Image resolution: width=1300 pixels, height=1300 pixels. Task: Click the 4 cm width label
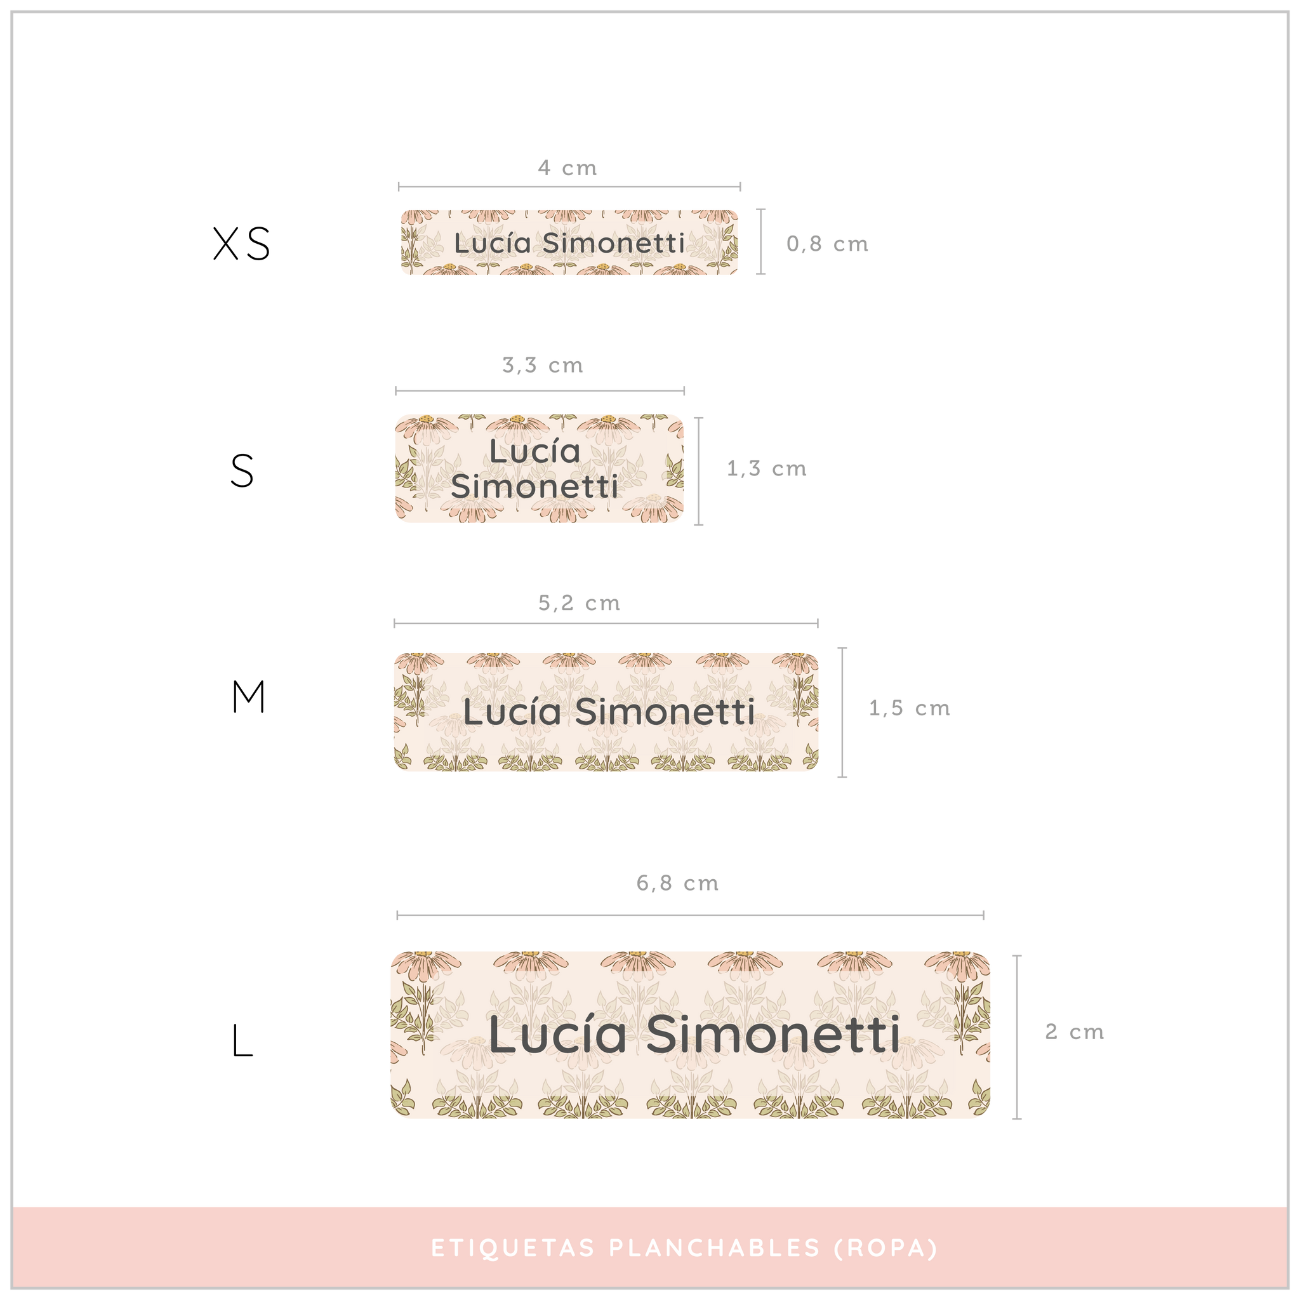[x=567, y=168]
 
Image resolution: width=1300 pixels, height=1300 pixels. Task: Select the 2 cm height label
[x=1074, y=1031]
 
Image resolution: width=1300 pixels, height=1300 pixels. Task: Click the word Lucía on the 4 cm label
[x=493, y=243]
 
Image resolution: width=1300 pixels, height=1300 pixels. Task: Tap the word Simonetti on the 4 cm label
[x=613, y=243]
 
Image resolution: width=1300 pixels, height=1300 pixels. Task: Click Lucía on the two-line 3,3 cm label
[x=534, y=451]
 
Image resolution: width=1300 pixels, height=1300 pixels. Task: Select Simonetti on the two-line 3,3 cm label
[x=534, y=486]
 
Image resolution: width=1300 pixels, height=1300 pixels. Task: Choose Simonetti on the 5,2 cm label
[x=665, y=712]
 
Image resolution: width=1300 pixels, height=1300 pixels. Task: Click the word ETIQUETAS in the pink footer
[x=513, y=1249]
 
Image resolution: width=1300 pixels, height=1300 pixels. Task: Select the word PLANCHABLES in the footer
[x=715, y=1249]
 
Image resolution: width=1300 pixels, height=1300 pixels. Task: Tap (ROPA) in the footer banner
[x=885, y=1249]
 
